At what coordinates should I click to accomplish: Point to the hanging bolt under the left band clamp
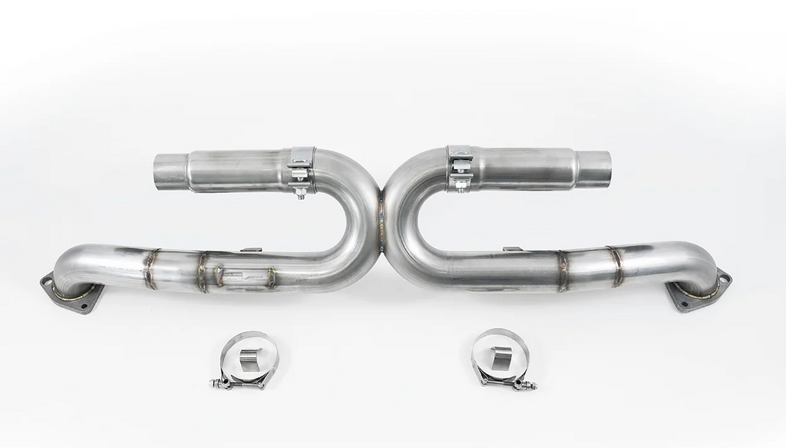[300, 192]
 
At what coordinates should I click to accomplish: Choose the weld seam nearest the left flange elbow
[150, 268]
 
